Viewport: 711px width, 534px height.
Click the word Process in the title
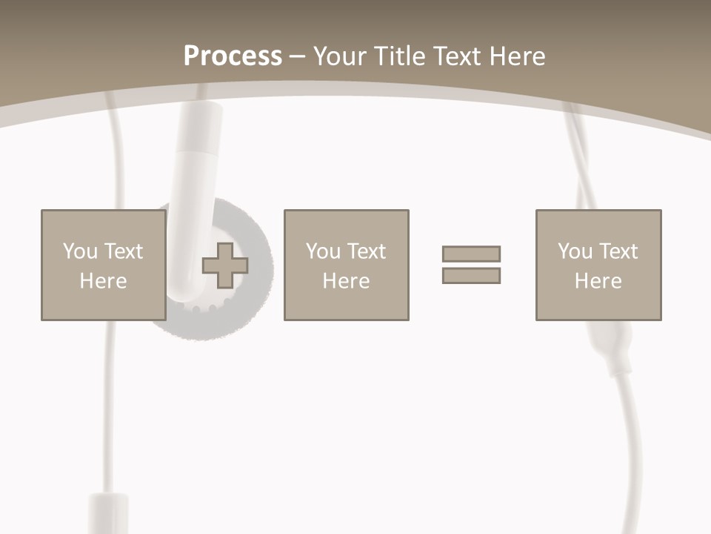[x=233, y=56]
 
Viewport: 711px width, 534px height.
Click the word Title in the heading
[x=401, y=56]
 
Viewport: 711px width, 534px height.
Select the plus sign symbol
[x=225, y=266]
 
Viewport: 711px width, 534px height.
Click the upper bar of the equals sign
[x=471, y=254]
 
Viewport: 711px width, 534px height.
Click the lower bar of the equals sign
[x=471, y=276]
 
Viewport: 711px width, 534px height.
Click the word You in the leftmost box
[x=80, y=251]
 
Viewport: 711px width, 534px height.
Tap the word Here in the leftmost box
[x=103, y=281]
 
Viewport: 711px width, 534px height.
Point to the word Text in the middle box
[x=366, y=251]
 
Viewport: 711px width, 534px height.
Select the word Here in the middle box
[x=346, y=281]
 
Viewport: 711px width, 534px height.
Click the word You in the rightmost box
[x=575, y=251]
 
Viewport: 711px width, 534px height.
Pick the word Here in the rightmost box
[x=598, y=281]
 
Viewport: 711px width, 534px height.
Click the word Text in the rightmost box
[x=618, y=251]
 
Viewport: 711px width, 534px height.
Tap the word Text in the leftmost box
[x=123, y=251]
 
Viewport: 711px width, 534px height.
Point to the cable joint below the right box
[x=612, y=349]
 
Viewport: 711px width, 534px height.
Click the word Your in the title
[x=340, y=56]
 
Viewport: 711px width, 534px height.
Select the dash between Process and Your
[x=297, y=57]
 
